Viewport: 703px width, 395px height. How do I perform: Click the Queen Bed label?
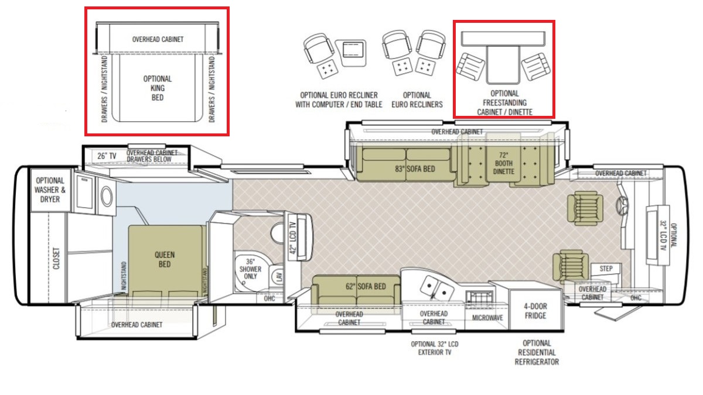[x=165, y=260]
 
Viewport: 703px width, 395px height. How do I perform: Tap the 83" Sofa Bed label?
[x=415, y=169]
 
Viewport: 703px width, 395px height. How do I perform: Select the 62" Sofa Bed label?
[x=366, y=287]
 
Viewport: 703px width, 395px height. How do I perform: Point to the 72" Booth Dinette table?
[x=503, y=163]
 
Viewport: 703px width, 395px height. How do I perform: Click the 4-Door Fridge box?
[x=535, y=310]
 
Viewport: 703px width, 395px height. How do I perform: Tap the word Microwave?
[x=487, y=318]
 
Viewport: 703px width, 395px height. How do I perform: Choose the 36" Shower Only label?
[x=250, y=269]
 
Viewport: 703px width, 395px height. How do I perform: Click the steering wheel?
[x=622, y=205]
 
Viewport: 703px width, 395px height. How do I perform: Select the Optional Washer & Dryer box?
[x=50, y=190]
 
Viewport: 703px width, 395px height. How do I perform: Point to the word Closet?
[x=56, y=258]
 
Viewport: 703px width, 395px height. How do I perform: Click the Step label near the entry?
[x=606, y=269]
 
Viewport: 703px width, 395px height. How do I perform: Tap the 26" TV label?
[x=107, y=156]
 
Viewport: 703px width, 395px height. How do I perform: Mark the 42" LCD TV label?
[x=292, y=238]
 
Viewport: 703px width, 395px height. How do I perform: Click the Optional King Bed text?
[x=158, y=88]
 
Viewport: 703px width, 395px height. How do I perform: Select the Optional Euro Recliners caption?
[x=417, y=99]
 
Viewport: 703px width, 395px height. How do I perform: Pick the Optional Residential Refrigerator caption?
[x=537, y=353]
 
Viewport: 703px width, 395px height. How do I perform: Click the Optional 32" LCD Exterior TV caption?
[x=435, y=348]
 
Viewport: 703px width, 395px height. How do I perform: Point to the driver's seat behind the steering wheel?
[x=585, y=208]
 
